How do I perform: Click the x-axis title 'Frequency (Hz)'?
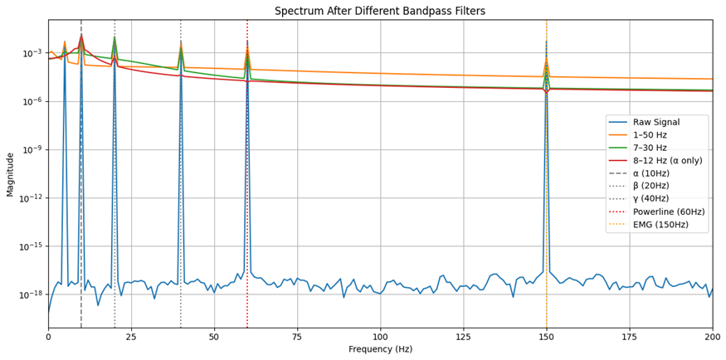tap(380, 350)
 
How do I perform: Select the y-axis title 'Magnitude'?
tap(11, 174)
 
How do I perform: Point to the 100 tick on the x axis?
tap(380, 328)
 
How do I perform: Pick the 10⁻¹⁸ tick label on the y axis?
tap(32, 295)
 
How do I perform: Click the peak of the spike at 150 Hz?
tap(546, 41)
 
